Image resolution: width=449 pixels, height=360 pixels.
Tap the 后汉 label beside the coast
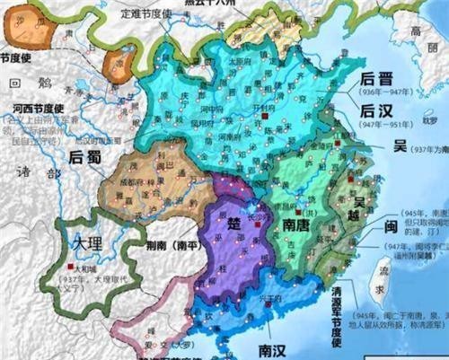pyautogui.click(x=374, y=112)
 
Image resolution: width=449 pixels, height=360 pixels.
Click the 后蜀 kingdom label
pyautogui.click(x=87, y=155)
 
